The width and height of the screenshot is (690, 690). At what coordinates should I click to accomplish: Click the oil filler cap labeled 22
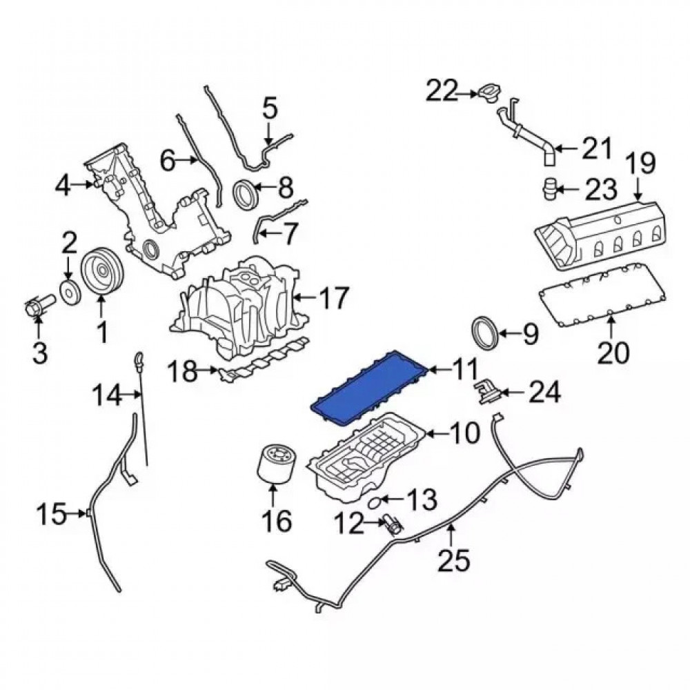click(489, 92)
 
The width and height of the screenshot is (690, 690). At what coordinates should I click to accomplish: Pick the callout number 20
click(613, 353)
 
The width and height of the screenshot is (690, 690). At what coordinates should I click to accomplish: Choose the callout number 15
click(51, 513)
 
